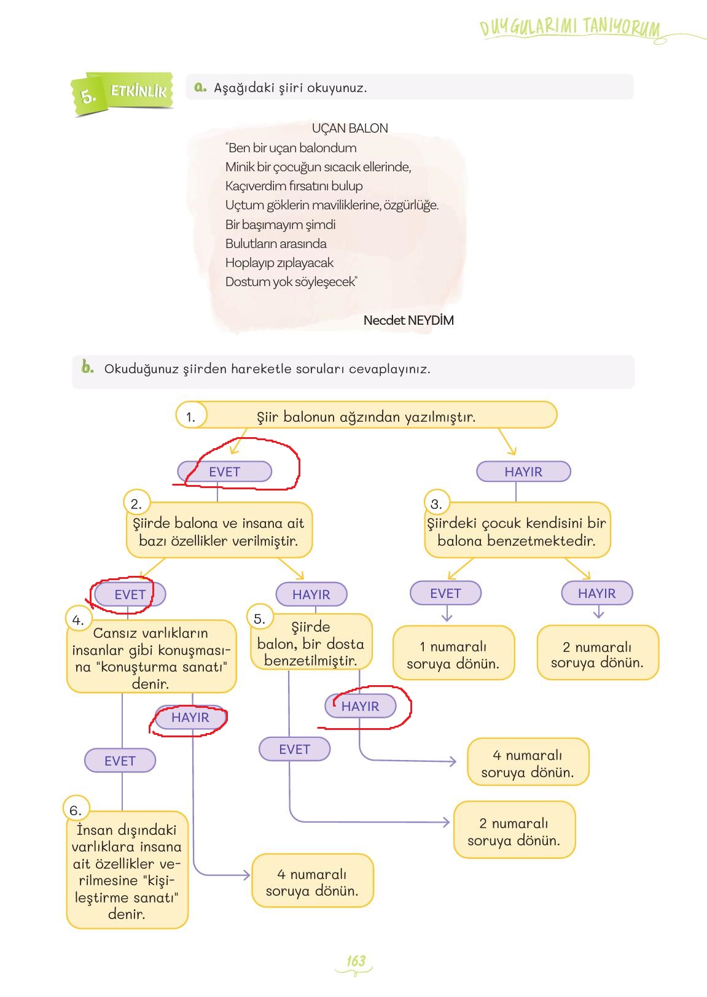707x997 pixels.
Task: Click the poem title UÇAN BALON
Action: (350, 128)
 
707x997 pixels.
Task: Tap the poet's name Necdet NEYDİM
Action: (408, 320)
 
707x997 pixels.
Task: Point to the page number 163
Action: (356, 961)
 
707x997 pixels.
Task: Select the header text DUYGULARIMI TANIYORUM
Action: (570, 28)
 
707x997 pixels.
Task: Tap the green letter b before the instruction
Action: (87, 367)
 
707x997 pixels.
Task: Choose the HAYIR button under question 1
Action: (523, 471)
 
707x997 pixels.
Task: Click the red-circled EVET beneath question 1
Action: (224, 471)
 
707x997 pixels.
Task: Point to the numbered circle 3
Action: (436, 504)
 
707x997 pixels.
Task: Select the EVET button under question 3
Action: (445, 593)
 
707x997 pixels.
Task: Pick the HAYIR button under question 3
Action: (596, 593)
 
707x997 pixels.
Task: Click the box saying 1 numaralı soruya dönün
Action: (453, 654)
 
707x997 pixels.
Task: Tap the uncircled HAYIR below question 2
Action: (311, 594)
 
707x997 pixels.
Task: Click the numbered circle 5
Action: (259, 619)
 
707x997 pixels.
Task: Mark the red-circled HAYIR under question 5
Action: (360, 706)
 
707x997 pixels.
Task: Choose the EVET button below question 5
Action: (294, 749)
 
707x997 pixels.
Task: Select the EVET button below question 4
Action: (120, 761)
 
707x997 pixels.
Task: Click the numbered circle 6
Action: (76, 810)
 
